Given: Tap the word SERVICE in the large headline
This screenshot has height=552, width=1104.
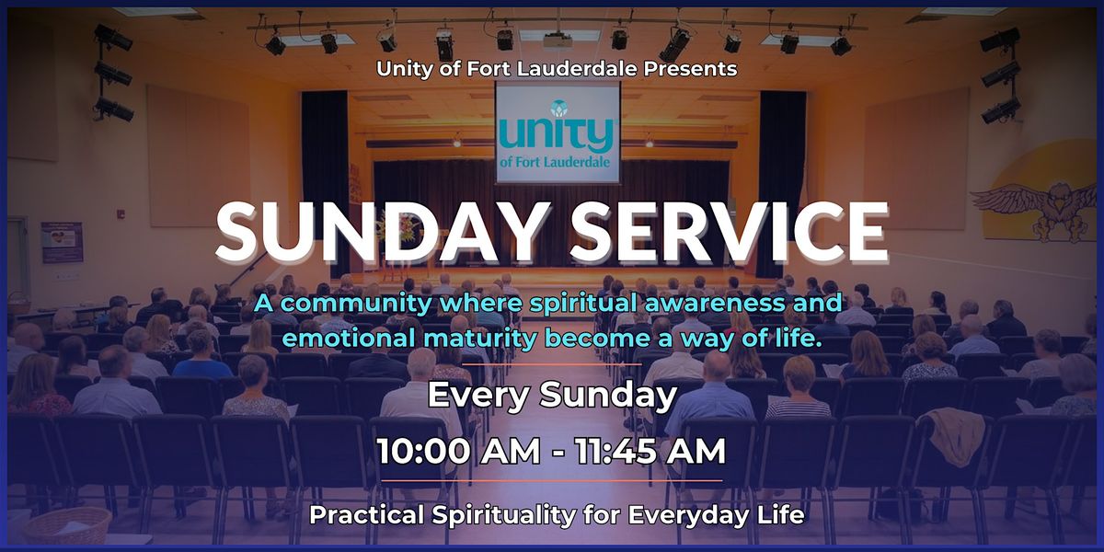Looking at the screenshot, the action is pyautogui.click(x=730, y=232).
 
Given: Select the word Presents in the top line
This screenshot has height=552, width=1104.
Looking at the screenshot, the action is pyautogui.click(x=690, y=69).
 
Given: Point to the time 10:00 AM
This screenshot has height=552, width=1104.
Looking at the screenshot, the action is pyautogui.click(x=458, y=451).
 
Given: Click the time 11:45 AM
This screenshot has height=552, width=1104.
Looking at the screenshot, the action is pyautogui.click(x=650, y=451).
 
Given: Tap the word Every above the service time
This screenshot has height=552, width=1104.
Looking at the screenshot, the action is pyautogui.click(x=478, y=396).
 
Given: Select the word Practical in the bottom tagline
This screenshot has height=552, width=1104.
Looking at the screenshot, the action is pyautogui.click(x=367, y=515).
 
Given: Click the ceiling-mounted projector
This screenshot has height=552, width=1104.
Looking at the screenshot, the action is pyautogui.click(x=558, y=41).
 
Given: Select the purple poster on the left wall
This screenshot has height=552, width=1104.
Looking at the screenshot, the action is pyautogui.click(x=62, y=242).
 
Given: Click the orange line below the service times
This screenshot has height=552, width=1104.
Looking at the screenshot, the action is pyautogui.click(x=552, y=480).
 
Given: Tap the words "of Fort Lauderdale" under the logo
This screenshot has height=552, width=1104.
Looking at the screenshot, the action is pyautogui.click(x=555, y=162).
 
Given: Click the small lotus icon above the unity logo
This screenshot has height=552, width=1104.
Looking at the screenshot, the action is pyautogui.click(x=558, y=107).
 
